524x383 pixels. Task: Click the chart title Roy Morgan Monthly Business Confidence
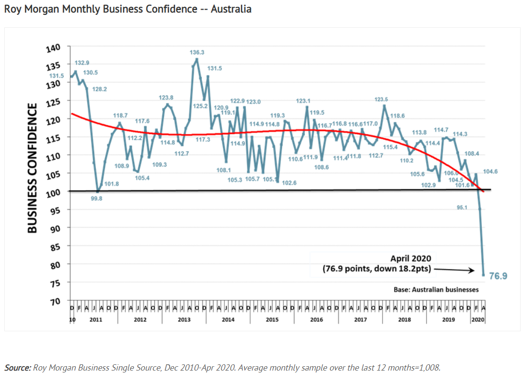click(128, 9)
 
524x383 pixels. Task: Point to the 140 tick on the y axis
click(53, 48)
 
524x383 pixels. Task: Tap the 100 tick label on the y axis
click(53, 192)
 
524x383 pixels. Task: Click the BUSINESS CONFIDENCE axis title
click(32, 168)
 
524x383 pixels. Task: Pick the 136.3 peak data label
click(197, 52)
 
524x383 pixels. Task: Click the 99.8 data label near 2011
click(96, 198)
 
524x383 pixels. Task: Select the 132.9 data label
click(82, 63)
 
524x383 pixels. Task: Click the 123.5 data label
click(381, 99)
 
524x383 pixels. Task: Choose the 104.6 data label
click(490, 171)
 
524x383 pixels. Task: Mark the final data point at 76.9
click(483, 275)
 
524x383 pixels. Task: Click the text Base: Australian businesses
click(436, 290)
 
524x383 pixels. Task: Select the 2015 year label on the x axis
click(272, 319)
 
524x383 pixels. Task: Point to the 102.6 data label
click(289, 183)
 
